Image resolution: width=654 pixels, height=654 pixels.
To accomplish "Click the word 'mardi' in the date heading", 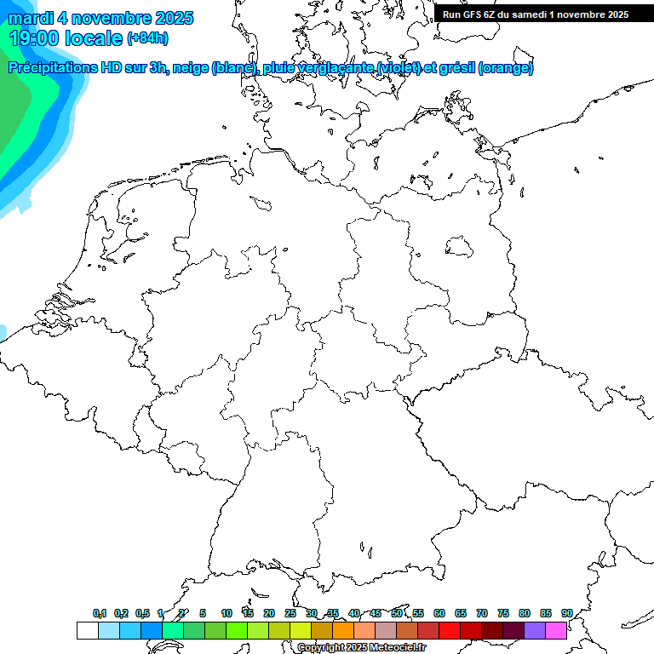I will tap(30, 18).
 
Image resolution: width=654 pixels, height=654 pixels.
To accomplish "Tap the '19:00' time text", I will tap(34, 38).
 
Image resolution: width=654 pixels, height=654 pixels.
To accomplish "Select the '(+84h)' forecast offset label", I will tap(147, 39).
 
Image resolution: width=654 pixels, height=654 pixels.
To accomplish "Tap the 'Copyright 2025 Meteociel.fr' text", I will tap(361, 648).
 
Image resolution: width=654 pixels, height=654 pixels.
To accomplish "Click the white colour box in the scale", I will tap(87, 630).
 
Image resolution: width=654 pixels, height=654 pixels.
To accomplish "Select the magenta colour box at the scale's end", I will tap(556, 630).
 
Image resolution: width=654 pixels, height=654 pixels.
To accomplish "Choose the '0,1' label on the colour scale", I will tap(100, 614).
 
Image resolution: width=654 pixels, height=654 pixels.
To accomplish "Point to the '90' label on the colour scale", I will tap(566, 614).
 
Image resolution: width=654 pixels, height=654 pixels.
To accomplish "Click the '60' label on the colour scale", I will tap(439, 614).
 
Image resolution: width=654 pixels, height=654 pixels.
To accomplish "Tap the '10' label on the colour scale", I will tap(227, 614).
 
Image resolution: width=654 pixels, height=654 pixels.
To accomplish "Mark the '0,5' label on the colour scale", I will tap(142, 614).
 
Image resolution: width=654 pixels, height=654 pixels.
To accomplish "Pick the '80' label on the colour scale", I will tap(524, 614).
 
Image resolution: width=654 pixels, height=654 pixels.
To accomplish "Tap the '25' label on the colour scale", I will tap(290, 614).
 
